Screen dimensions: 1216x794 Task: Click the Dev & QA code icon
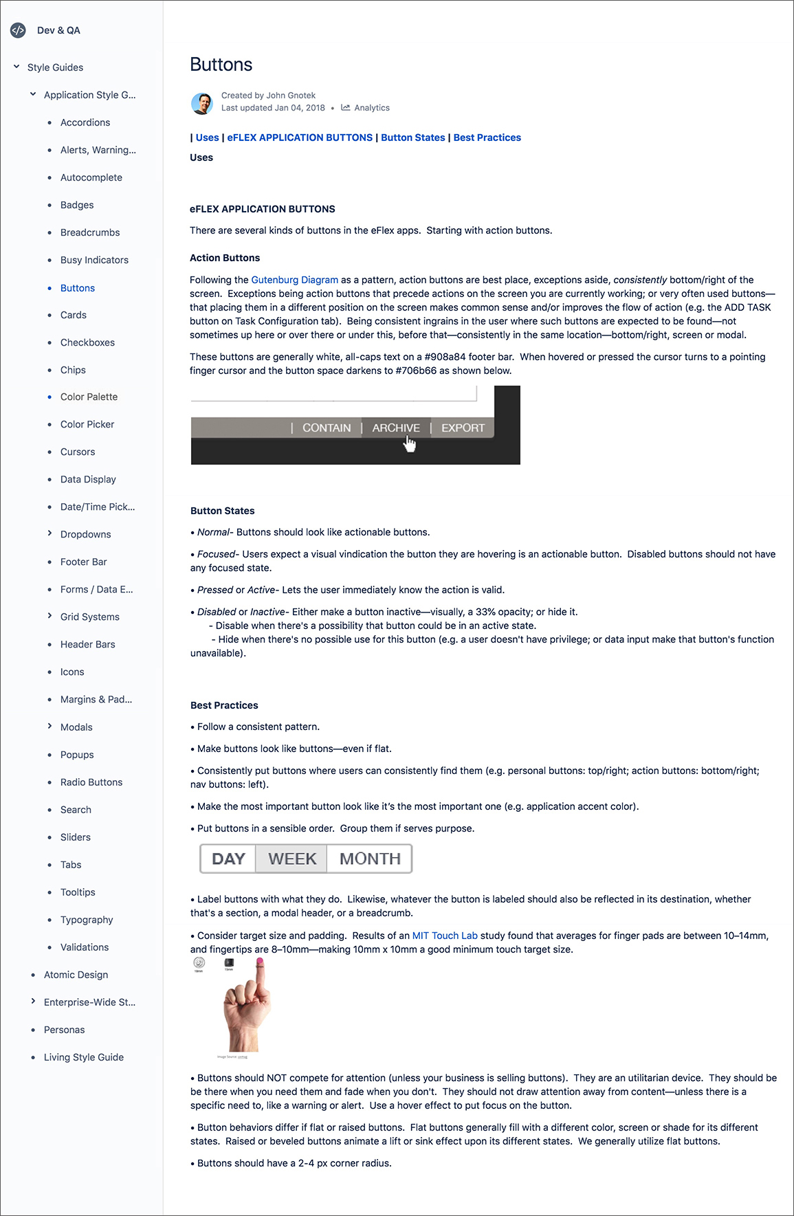point(18,30)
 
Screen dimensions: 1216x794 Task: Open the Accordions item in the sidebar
point(85,122)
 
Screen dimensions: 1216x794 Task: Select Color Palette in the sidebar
point(89,397)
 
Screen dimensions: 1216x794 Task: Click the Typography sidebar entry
point(87,920)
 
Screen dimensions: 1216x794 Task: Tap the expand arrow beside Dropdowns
point(49,533)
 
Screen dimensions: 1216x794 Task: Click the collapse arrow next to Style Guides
point(16,67)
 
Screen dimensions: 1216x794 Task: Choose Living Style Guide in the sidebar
point(84,1057)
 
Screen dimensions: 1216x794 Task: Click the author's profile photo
point(201,103)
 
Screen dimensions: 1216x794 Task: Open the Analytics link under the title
point(371,108)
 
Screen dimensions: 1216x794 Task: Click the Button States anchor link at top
point(413,137)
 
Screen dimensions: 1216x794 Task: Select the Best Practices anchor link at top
point(487,137)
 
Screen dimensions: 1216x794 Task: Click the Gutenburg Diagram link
point(295,280)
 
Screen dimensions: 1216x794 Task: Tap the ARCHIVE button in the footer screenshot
point(396,428)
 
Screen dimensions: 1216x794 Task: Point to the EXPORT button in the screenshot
point(463,428)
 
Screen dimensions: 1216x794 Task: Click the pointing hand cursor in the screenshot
point(410,445)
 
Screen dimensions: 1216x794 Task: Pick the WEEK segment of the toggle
point(292,859)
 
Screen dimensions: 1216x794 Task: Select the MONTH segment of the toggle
point(370,859)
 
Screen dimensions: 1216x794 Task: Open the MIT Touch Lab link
point(445,936)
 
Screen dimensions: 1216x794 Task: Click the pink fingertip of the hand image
point(260,962)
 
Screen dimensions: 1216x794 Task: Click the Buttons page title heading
point(221,65)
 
